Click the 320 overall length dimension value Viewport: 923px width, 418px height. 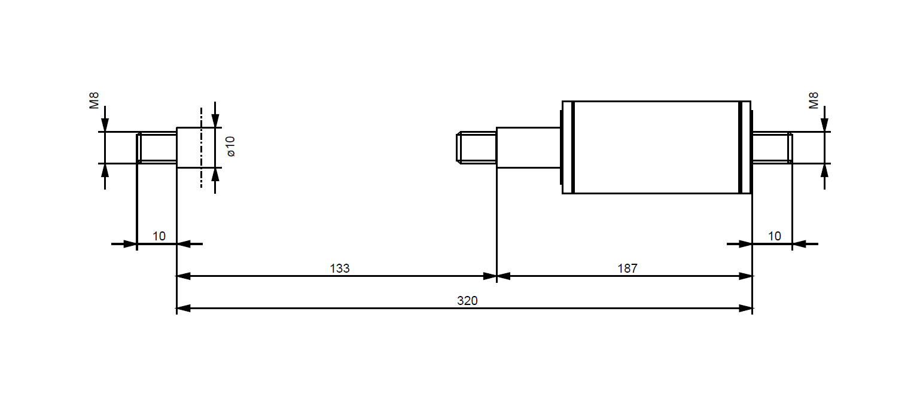[x=467, y=301]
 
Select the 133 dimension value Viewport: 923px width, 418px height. [x=340, y=269]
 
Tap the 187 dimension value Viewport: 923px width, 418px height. [x=627, y=269]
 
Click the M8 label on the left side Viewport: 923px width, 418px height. [x=95, y=100]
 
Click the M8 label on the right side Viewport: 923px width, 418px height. [x=814, y=100]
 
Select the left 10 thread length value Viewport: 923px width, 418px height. [x=159, y=236]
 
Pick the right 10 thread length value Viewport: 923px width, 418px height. [x=774, y=236]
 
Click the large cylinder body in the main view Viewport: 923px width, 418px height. [x=656, y=147]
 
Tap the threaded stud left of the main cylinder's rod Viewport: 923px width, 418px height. [x=476, y=148]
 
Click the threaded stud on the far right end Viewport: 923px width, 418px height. [x=772, y=147]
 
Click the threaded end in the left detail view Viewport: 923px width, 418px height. [x=157, y=148]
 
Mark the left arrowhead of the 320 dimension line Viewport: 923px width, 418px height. [x=183, y=309]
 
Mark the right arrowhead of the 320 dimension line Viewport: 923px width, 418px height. [x=746, y=309]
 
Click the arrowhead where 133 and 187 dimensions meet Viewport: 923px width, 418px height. [x=497, y=276]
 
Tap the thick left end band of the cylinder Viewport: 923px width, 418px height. [x=572, y=147]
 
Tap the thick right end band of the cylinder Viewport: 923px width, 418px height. [x=740, y=147]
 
